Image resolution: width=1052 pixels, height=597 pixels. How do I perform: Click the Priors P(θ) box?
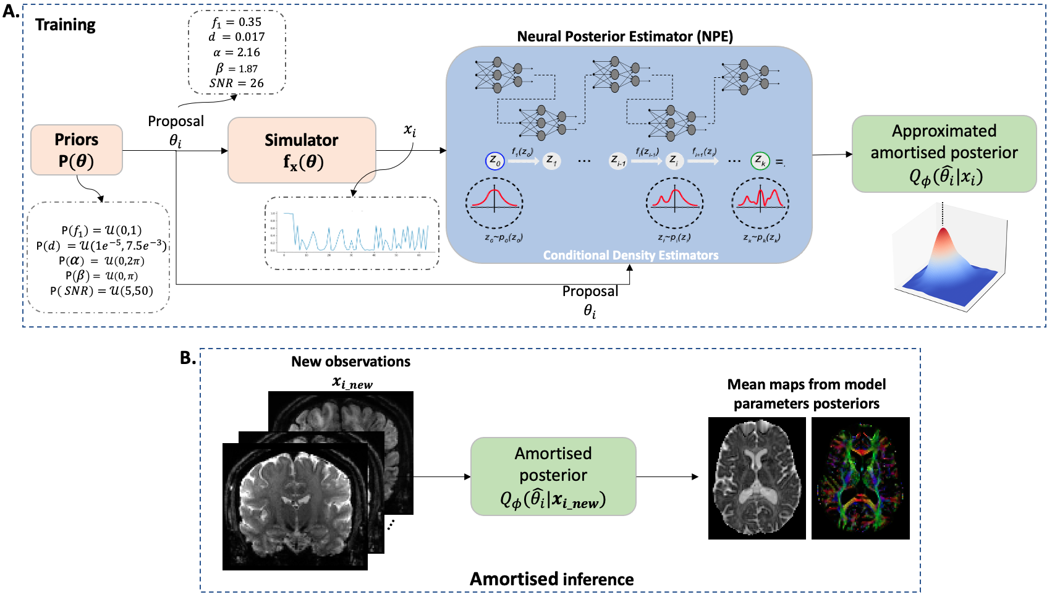tap(77, 150)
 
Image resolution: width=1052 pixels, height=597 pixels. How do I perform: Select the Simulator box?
tap(302, 150)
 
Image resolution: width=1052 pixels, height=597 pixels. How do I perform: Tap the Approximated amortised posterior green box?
tap(944, 154)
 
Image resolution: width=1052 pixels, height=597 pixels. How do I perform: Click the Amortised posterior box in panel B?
tap(553, 476)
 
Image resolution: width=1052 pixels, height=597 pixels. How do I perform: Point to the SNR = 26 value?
tap(237, 83)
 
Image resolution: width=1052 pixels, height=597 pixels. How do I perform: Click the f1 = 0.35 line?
tap(237, 22)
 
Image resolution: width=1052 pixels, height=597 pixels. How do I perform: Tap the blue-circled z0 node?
tap(495, 161)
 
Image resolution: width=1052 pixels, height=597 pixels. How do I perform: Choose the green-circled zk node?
tap(760, 161)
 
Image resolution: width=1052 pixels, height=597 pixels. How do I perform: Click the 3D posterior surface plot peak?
tap(943, 235)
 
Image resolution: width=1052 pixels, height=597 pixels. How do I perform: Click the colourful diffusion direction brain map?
tap(860, 478)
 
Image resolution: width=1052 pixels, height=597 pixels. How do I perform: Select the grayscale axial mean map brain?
tap(757, 478)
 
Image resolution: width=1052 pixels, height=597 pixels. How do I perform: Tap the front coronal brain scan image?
tap(295, 506)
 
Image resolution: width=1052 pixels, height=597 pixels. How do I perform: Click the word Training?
tap(66, 25)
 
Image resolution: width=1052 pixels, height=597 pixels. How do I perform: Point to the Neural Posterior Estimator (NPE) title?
tap(625, 36)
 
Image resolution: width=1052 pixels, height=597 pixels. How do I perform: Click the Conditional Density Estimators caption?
tap(630, 255)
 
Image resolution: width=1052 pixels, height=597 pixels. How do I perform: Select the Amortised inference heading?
tap(551, 579)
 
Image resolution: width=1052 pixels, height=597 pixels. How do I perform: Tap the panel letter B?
tap(187, 358)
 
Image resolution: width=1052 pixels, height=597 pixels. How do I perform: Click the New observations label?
tap(350, 362)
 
